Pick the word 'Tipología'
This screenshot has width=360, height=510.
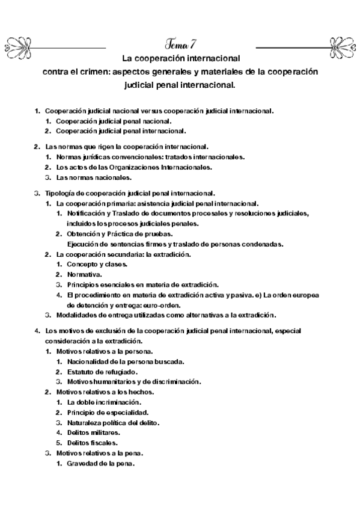click(61, 193)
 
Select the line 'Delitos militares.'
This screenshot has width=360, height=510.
click(94, 432)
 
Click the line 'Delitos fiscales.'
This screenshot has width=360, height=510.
click(92, 443)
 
